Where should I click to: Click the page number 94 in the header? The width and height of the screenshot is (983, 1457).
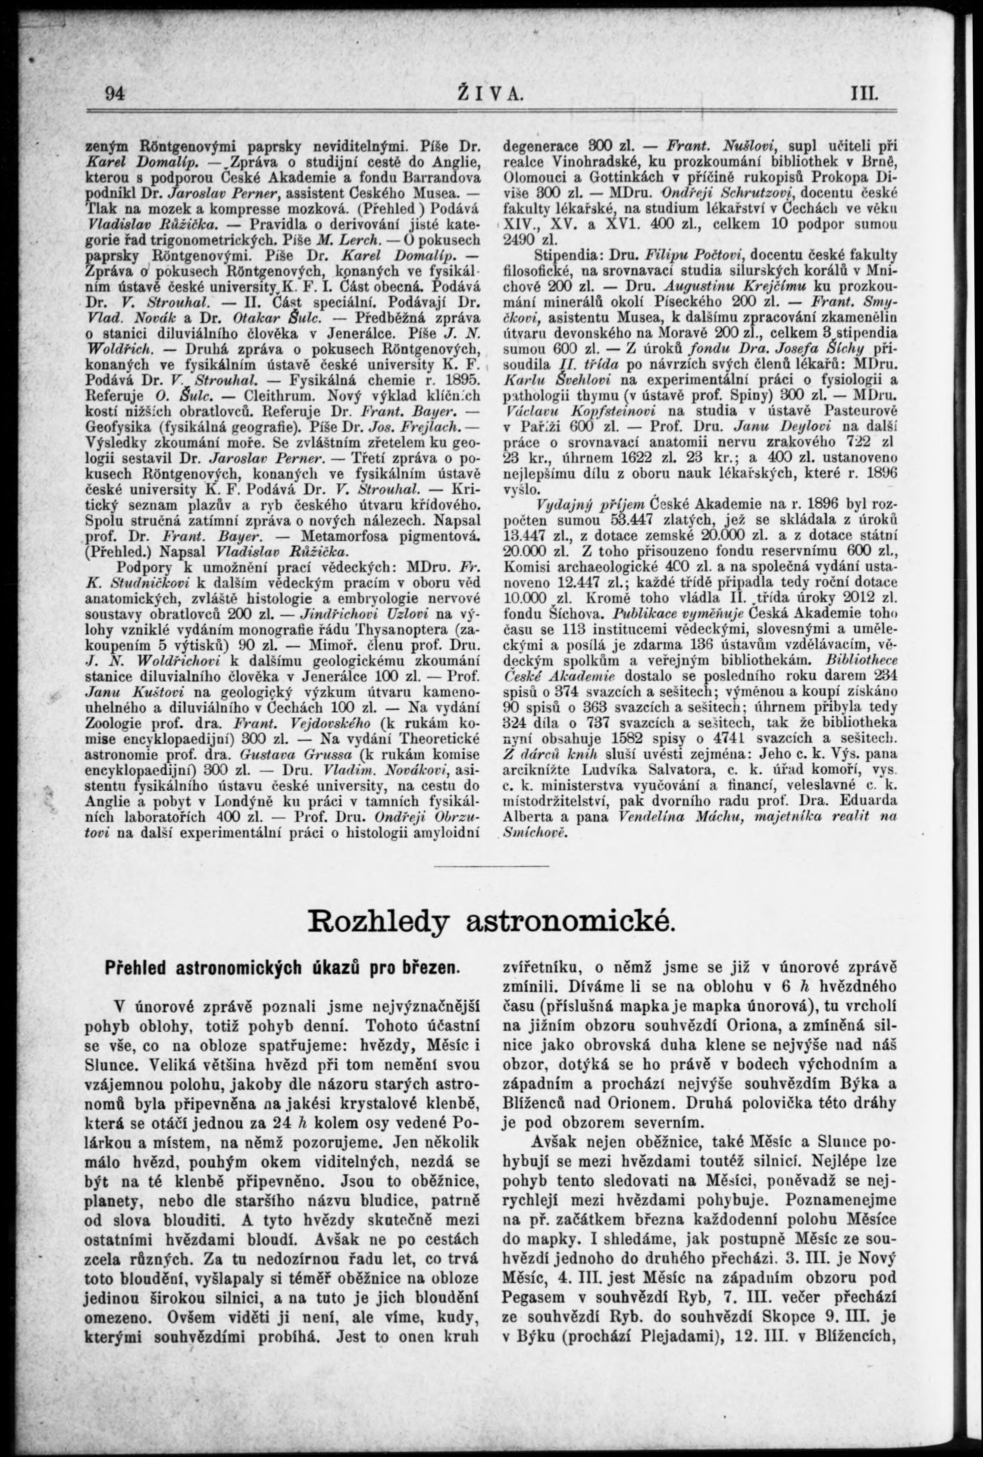(x=116, y=94)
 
